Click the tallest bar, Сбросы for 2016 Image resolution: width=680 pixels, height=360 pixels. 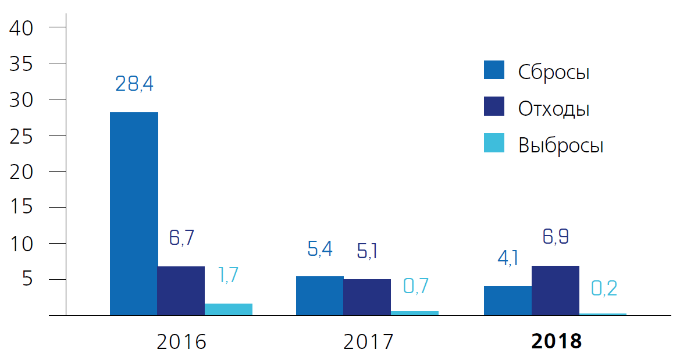tap(134, 213)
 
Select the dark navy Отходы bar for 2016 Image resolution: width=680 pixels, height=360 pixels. tap(181, 291)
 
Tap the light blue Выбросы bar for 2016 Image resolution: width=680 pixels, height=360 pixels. tap(229, 309)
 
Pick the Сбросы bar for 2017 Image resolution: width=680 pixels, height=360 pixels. tap(319, 295)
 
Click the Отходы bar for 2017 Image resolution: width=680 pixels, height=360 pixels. tap(367, 297)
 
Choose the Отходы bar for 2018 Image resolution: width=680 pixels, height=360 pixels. tap(556, 290)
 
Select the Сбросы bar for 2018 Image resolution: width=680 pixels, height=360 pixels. tap(508, 300)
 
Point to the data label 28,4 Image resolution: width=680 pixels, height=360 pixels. tap(134, 84)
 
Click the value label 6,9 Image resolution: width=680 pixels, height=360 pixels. tap(555, 237)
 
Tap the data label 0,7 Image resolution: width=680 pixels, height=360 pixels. tap(415, 286)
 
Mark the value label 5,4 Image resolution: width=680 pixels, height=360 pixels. tap(320, 249)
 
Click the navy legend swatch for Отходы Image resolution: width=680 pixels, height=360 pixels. tap(494, 107)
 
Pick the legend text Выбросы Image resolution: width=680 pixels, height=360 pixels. tap(561, 145)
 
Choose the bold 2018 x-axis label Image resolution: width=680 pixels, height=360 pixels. tap(557, 341)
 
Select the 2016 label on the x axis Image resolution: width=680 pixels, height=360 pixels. tap(181, 341)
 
